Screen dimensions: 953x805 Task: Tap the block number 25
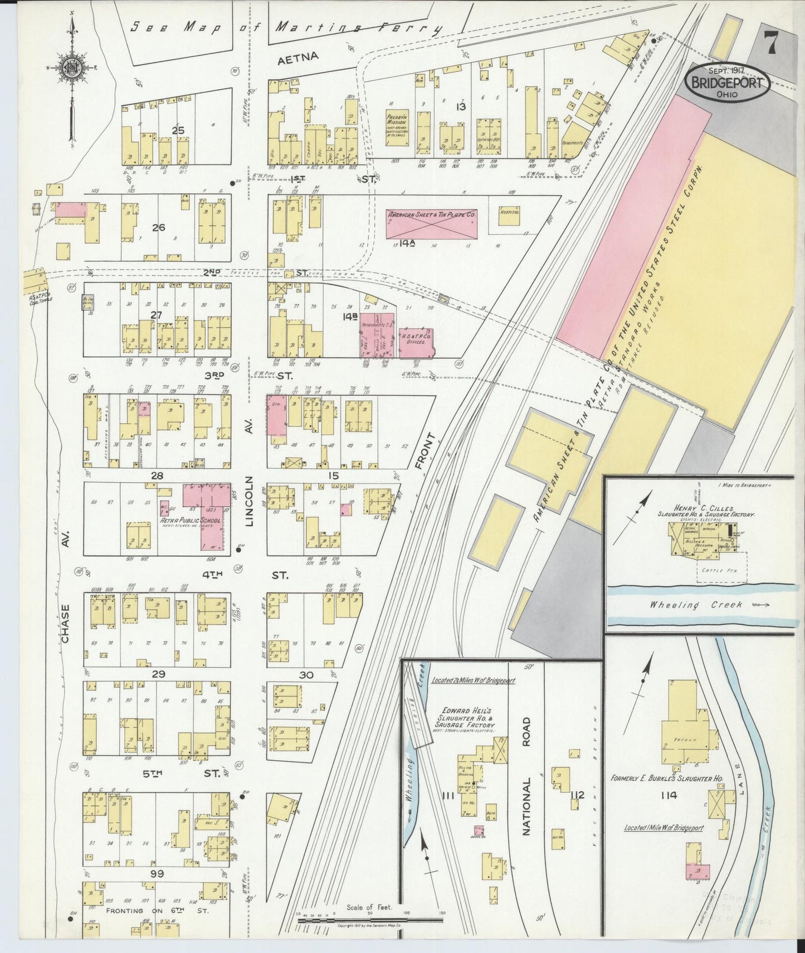pos(178,130)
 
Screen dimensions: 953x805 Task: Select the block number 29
pos(158,674)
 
